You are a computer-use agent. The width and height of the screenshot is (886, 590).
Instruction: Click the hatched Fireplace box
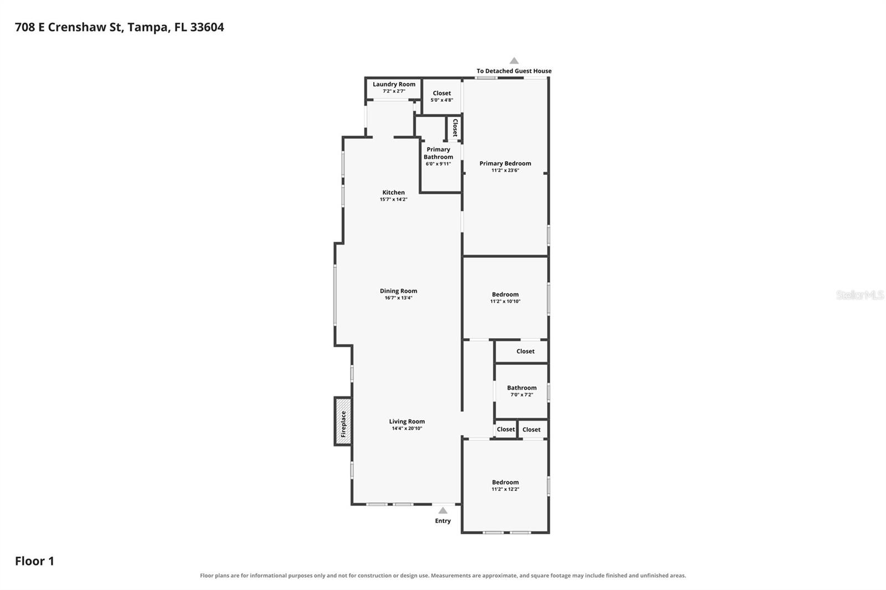point(343,422)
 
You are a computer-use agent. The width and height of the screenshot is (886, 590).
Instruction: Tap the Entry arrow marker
point(442,510)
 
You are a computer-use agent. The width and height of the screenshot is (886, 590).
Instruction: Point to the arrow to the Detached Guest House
point(514,60)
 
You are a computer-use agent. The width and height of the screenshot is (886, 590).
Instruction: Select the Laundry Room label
point(394,84)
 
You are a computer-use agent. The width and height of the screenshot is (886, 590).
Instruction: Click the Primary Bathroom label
point(438,153)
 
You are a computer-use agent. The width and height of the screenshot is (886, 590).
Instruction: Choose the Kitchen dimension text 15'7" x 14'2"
point(394,199)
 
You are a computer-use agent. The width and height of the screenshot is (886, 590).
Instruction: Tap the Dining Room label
point(398,291)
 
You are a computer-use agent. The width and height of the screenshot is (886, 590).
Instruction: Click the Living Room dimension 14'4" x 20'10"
point(407,428)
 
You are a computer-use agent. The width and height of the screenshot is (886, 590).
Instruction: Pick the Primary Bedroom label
point(505,163)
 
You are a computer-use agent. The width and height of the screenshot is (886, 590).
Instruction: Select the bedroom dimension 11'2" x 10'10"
point(505,301)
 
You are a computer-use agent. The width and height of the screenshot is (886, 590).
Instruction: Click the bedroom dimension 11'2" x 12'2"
point(505,489)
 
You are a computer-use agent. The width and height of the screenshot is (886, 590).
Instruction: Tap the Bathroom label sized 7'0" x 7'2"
point(522,388)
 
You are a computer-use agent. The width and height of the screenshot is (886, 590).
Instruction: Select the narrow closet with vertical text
point(455,128)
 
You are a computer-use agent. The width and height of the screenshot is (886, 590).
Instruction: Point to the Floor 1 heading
point(34,561)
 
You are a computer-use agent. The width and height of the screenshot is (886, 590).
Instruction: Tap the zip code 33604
point(207,27)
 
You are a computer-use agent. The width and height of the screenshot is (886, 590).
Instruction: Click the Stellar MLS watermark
point(859,294)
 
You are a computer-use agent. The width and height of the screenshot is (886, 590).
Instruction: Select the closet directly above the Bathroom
point(521,351)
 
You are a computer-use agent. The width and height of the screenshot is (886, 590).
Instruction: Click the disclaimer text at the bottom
point(442,576)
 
